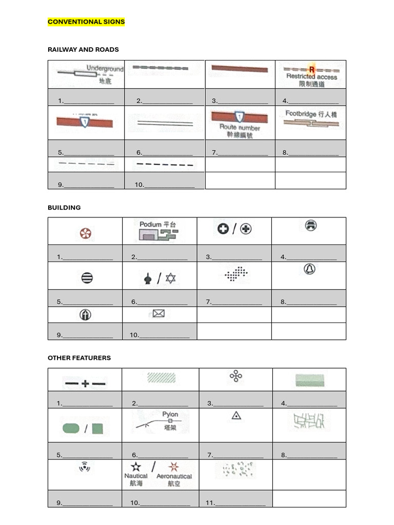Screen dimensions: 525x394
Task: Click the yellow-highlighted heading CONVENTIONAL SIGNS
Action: [x=86, y=22]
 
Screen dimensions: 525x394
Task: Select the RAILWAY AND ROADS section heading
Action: [x=83, y=50]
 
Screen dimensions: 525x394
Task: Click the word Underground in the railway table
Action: [x=105, y=69]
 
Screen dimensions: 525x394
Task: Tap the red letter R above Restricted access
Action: [x=311, y=69]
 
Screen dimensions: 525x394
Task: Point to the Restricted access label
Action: [x=311, y=77]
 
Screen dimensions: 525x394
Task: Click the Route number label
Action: [x=240, y=127]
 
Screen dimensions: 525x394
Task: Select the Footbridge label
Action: [x=302, y=114]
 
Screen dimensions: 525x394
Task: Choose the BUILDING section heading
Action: [x=64, y=208]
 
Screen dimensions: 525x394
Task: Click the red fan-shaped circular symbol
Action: [x=85, y=234]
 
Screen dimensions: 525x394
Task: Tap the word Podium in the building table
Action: [x=150, y=225]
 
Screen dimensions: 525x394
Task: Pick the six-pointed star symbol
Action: [x=170, y=278]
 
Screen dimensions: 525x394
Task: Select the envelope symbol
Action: [x=159, y=314]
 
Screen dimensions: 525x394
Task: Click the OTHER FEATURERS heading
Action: [x=79, y=358]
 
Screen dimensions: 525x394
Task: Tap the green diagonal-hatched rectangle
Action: [x=161, y=378]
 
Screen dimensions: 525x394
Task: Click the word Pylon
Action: [x=170, y=414]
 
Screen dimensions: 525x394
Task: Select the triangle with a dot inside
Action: [x=236, y=415]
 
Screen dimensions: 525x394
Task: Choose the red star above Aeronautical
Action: [x=173, y=467]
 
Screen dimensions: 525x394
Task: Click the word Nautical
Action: [x=136, y=476]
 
